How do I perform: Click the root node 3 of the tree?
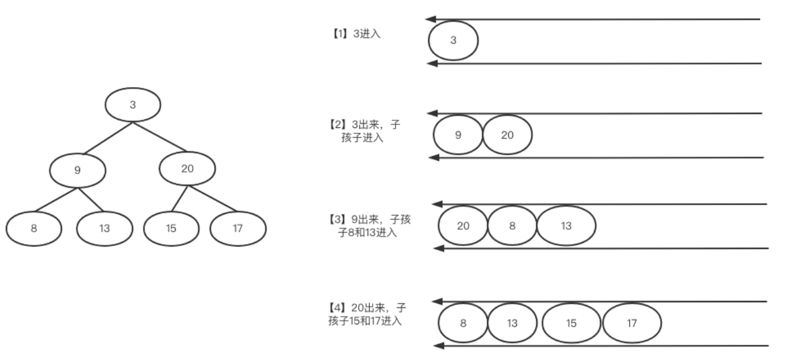click(x=133, y=105)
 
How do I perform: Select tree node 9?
click(x=78, y=171)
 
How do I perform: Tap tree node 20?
click(x=188, y=169)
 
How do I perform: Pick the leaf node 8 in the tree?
click(x=34, y=229)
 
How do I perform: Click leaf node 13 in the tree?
click(x=105, y=229)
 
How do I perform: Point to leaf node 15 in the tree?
click(x=171, y=229)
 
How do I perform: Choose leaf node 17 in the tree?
click(x=238, y=229)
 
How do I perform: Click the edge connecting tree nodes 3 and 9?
click(x=108, y=138)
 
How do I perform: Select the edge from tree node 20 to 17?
click(x=212, y=199)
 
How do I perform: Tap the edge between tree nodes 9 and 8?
click(x=56, y=200)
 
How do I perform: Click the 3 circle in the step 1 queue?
click(x=453, y=41)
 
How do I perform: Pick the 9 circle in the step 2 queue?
click(x=458, y=135)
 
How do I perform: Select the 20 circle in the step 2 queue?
click(x=508, y=135)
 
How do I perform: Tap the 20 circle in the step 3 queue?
click(x=463, y=226)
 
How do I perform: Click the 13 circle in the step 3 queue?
click(x=567, y=226)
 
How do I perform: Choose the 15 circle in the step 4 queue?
click(x=571, y=323)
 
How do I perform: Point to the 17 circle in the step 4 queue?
click(x=631, y=323)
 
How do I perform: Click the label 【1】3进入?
click(x=355, y=34)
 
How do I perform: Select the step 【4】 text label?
click(x=366, y=314)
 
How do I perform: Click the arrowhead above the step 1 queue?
click(x=431, y=19)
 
